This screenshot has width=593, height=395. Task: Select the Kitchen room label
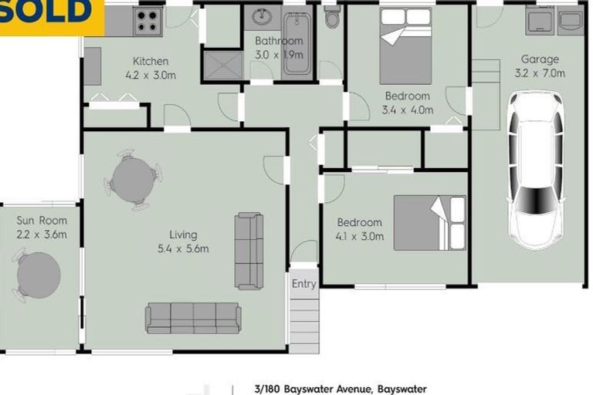[x=151, y=62]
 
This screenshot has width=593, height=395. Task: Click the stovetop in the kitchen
[x=147, y=21]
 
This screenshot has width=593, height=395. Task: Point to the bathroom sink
[x=261, y=17]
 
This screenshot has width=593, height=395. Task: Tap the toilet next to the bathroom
[x=332, y=17]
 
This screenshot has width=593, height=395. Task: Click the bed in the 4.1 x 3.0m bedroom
[x=430, y=223]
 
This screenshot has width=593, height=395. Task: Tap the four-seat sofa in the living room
[x=193, y=318]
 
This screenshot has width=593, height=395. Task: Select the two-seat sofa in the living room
[x=249, y=251]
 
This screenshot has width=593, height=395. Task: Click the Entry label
[x=304, y=284]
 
